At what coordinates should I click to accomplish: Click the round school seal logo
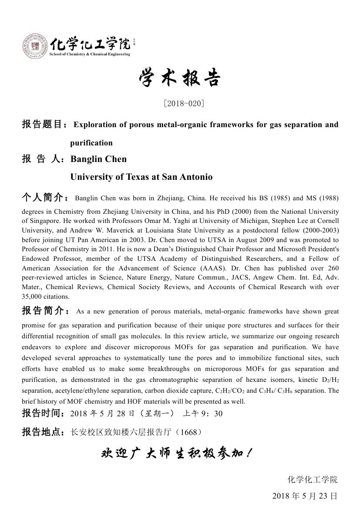tap(35, 47)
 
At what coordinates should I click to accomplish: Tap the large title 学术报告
tap(180, 79)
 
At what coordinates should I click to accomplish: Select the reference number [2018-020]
tap(184, 104)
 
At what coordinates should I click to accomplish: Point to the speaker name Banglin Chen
tap(98, 159)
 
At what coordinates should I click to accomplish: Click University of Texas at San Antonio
tap(141, 177)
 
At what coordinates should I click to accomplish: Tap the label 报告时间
tap(43, 413)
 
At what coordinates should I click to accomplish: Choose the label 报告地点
tap(43, 432)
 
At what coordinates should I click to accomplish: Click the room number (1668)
tap(190, 432)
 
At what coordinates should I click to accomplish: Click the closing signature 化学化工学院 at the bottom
tap(312, 479)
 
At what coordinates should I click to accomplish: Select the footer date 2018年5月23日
tap(305, 496)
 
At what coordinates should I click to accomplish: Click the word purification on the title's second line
tap(91, 143)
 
